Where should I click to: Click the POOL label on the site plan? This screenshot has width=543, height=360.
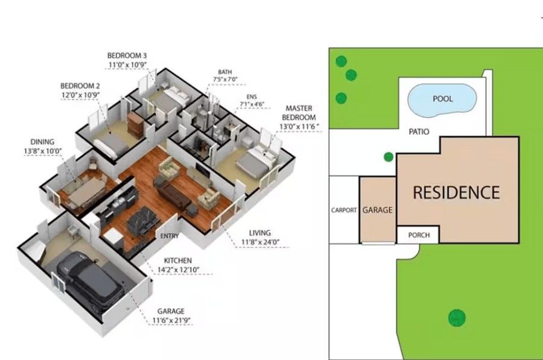pyautogui.click(x=443, y=99)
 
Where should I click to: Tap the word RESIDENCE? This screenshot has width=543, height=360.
pyautogui.click(x=457, y=193)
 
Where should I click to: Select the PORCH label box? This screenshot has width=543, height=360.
pyautogui.click(x=418, y=235)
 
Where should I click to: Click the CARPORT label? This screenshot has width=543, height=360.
pyautogui.click(x=343, y=210)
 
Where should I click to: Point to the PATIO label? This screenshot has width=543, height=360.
pyautogui.click(x=419, y=132)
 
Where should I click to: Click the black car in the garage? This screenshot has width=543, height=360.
pyautogui.click(x=90, y=281)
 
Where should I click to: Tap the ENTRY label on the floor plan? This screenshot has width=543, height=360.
pyautogui.click(x=170, y=236)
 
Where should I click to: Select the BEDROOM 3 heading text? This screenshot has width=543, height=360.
pyautogui.click(x=127, y=55)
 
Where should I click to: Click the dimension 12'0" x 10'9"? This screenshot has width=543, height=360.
pyautogui.click(x=81, y=95)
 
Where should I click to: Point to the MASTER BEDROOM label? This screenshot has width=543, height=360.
pyautogui.click(x=299, y=113)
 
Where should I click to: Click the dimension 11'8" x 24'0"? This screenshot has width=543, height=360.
pyautogui.click(x=260, y=242)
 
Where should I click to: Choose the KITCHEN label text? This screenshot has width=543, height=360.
pyautogui.click(x=177, y=261)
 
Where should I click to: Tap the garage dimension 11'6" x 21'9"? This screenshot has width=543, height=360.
pyautogui.click(x=171, y=321)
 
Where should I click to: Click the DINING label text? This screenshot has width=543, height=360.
pyautogui.click(x=42, y=142)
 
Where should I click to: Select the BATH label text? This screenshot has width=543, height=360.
pyautogui.click(x=225, y=72)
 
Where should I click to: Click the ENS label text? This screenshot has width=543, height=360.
pyautogui.click(x=252, y=97)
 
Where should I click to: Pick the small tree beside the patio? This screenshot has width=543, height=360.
pyautogui.click(x=389, y=157)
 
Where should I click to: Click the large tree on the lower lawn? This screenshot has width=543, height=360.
pyautogui.click(x=457, y=318)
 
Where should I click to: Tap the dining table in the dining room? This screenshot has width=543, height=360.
pyautogui.click(x=86, y=192)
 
